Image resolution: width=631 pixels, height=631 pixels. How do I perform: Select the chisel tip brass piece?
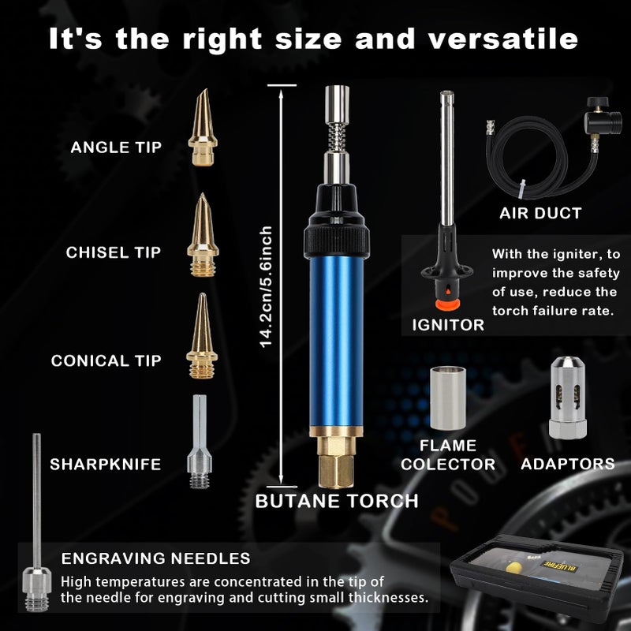point(202,233)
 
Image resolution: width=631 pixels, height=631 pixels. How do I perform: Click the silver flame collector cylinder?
point(447,398)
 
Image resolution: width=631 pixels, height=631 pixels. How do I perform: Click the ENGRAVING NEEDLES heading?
point(156,558)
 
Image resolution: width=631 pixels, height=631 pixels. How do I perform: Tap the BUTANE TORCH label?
point(337,500)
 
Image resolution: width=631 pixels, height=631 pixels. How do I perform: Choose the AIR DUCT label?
point(540,213)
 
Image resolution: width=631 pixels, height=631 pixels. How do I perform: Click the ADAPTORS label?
point(567,464)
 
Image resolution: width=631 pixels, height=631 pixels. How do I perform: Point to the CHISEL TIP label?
point(113,252)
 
